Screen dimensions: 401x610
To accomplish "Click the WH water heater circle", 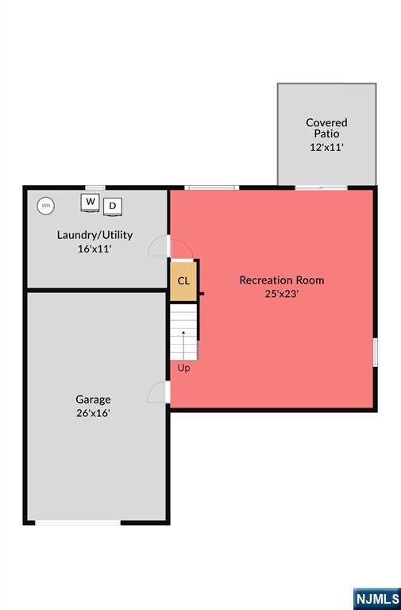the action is (x=46, y=206).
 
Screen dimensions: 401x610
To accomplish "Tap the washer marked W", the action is (x=91, y=203).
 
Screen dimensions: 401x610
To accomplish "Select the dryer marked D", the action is (x=113, y=207).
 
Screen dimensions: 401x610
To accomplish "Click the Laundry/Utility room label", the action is (x=95, y=235).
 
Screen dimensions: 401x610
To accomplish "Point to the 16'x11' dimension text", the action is (x=95, y=249).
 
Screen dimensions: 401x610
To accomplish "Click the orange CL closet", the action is (x=183, y=280).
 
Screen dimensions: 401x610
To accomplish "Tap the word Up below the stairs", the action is (x=183, y=368).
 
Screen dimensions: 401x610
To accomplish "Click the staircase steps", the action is (x=183, y=332).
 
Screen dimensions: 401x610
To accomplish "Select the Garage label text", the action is (x=94, y=400).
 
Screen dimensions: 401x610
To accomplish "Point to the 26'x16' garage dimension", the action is (x=94, y=413).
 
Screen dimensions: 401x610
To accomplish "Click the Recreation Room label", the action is (x=282, y=280).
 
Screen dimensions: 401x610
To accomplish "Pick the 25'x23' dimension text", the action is (x=282, y=294).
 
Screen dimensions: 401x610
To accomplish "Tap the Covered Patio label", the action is (x=326, y=128).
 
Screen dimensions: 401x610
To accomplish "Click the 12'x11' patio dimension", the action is (x=326, y=148).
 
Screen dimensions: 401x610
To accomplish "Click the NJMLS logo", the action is (x=377, y=599).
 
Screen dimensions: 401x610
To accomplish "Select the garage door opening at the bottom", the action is (x=78, y=523).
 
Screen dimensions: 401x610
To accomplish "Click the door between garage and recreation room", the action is (x=159, y=392).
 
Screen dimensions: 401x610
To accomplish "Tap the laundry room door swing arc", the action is (x=157, y=246).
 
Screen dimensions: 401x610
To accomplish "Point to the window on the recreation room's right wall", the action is (x=376, y=353).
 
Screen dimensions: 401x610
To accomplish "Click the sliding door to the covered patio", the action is (x=322, y=188).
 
